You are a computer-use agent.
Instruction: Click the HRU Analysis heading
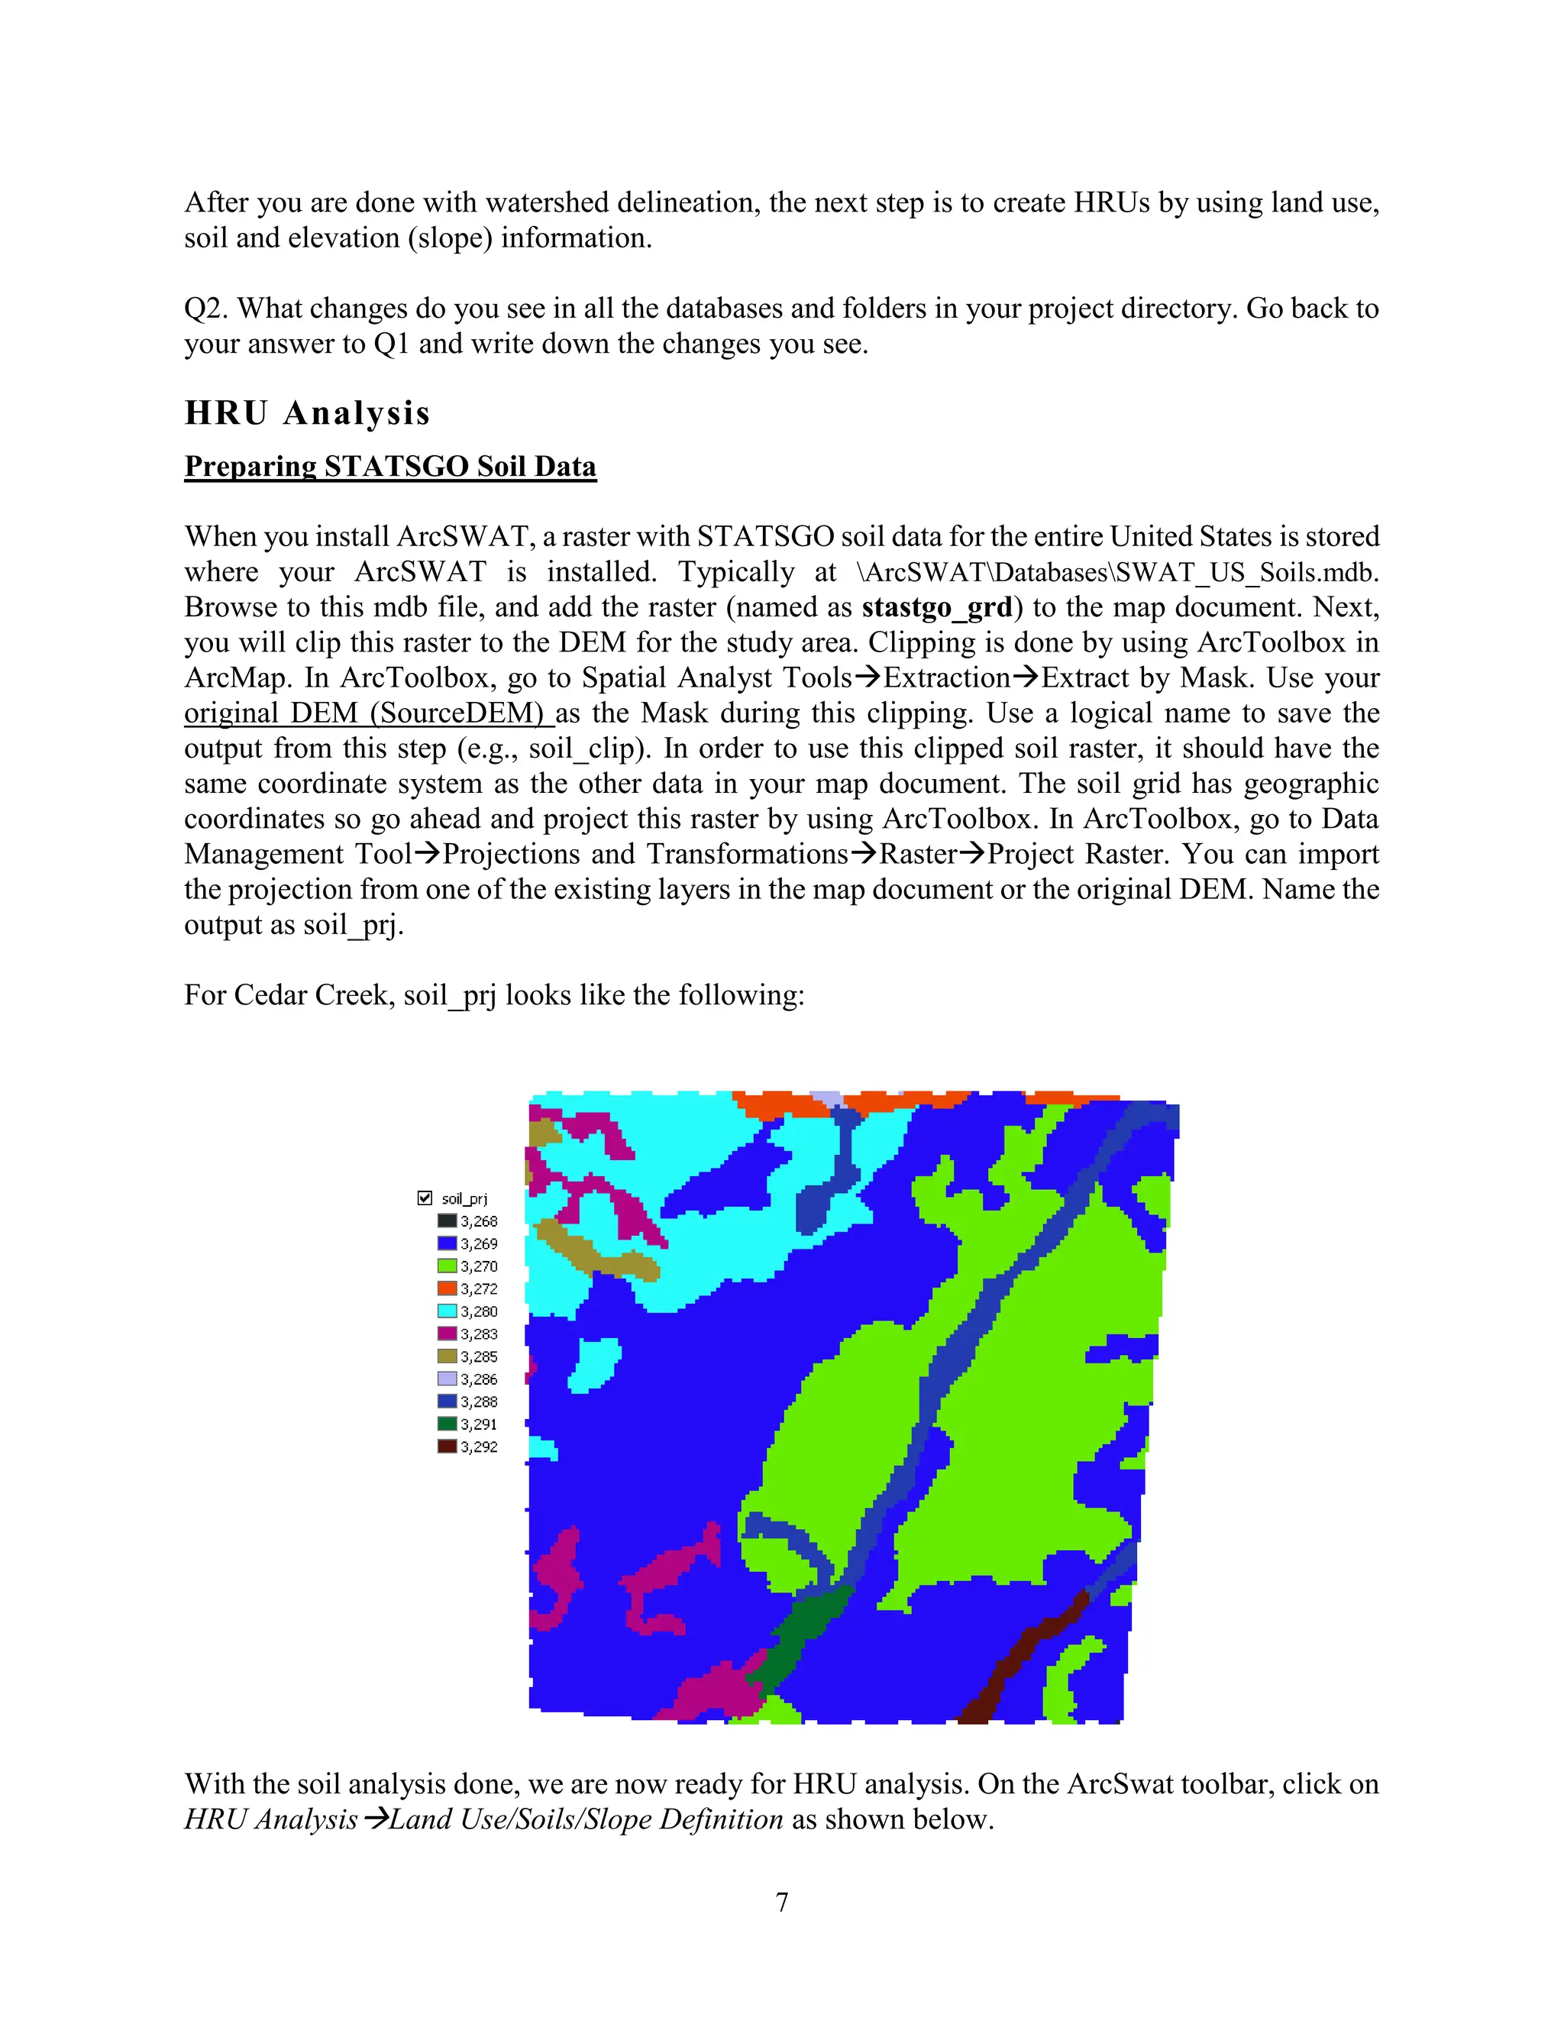click(x=307, y=413)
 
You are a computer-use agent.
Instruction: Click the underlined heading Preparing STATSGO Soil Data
click(x=390, y=466)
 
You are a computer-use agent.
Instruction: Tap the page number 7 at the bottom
click(x=782, y=1903)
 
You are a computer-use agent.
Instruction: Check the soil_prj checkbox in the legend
click(x=425, y=1198)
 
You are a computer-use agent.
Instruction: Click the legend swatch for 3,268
click(x=447, y=1221)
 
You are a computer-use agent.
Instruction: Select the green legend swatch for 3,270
click(x=447, y=1266)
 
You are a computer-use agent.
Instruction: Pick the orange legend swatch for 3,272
click(x=447, y=1288)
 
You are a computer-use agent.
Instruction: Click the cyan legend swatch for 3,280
click(x=447, y=1311)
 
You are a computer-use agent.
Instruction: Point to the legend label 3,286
click(x=479, y=1379)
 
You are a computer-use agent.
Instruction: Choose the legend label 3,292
click(x=479, y=1447)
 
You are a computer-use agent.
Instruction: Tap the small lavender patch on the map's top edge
click(x=827, y=1099)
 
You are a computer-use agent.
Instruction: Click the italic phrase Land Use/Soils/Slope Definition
click(x=586, y=1819)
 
